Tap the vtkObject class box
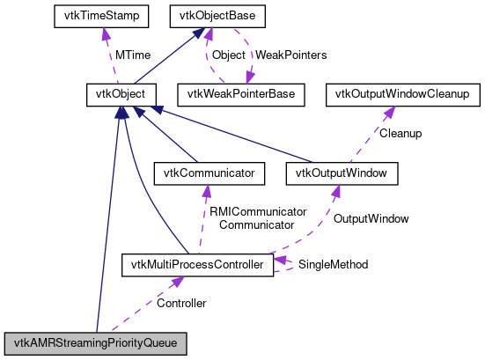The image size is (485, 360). pyautogui.click(x=121, y=92)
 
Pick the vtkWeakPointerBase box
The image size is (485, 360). pyautogui.click(x=240, y=92)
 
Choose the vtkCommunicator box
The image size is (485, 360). pyautogui.click(x=209, y=173)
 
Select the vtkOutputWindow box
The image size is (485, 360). pyautogui.click(x=342, y=173)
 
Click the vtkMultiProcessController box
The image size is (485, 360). pyautogui.click(x=196, y=263)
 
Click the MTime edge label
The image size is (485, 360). pyautogui.click(x=133, y=55)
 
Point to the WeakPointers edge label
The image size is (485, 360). pyautogui.click(x=290, y=55)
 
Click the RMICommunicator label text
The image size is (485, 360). pyautogui.click(x=256, y=211)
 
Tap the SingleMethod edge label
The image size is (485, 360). pyautogui.click(x=333, y=264)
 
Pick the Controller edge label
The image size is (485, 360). pyautogui.click(x=181, y=304)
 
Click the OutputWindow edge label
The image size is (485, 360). pyautogui.click(x=371, y=217)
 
